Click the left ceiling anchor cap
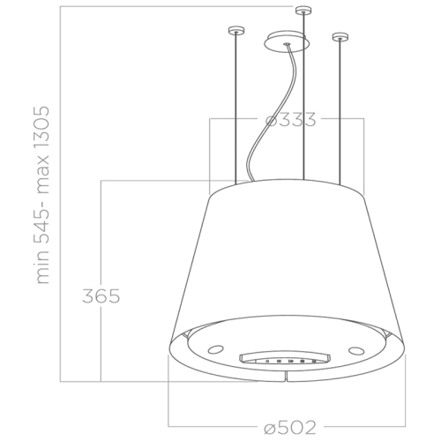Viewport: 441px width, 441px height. [234, 33]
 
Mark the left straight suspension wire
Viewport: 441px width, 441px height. [235, 106]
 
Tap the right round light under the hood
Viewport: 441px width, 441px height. [356, 350]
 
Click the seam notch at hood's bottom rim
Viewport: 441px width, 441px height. [288, 377]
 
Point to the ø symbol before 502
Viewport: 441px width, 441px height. [271, 427]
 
